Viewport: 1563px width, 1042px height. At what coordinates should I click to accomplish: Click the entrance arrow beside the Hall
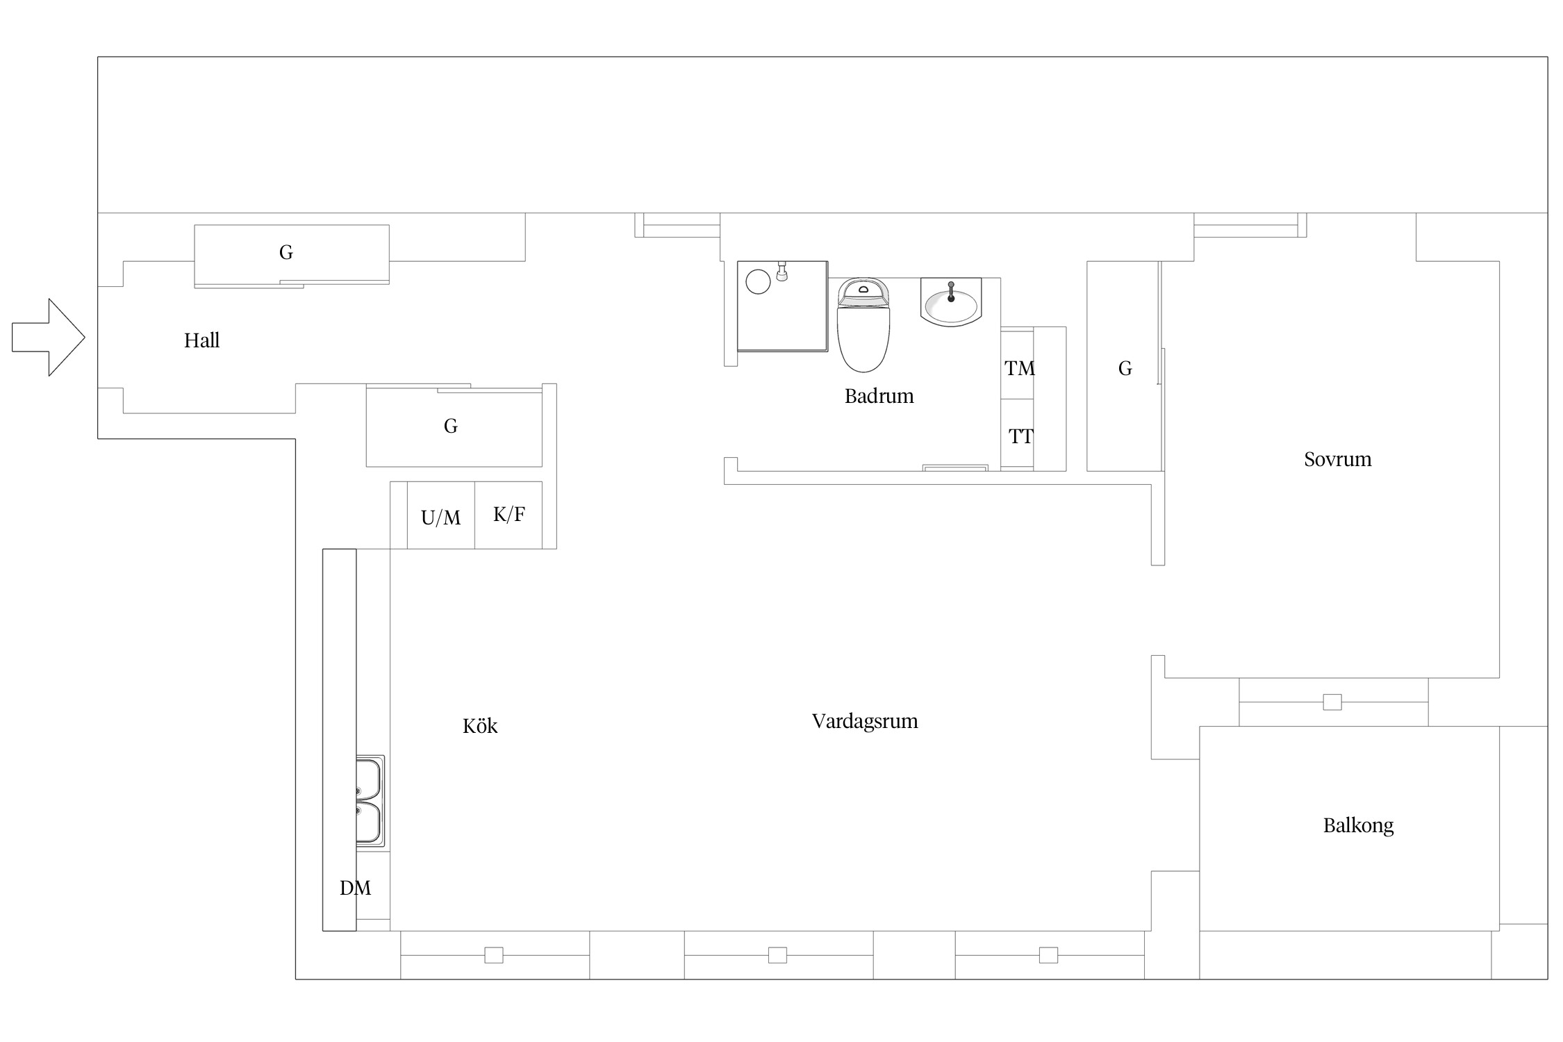pyautogui.click(x=49, y=338)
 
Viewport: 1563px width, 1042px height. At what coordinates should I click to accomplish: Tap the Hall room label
pyautogui.click(x=201, y=340)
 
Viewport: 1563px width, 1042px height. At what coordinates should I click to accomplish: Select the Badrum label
pyautogui.click(x=879, y=396)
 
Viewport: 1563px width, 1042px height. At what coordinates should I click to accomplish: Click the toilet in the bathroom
pyautogui.click(x=863, y=325)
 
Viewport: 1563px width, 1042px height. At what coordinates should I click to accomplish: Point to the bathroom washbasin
pyautogui.click(x=950, y=302)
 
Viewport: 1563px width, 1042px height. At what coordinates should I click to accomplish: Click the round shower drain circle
pyautogui.click(x=758, y=282)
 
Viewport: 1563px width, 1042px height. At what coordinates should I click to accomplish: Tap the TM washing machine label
pyautogui.click(x=1019, y=368)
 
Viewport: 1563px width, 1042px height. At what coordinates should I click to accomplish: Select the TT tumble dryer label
pyautogui.click(x=1020, y=436)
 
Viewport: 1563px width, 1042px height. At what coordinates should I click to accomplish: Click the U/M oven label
pyautogui.click(x=440, y=518)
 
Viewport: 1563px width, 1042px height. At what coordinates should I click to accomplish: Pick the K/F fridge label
pyautogui.click(x=508, y=514)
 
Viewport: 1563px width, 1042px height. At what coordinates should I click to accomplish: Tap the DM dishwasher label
pyautogui.click(x=355, y=888)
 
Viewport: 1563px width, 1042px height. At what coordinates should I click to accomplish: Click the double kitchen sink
pyautogui.click(x=370, y=801)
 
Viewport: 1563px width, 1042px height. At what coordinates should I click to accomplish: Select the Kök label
pyautogui.click(x=480, y=726)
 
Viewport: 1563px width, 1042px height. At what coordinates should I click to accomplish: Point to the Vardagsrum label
pyautogui.click(x=865, y=721)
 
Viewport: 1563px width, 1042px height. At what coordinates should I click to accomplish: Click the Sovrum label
pyautogui.click(x=1337, y=459)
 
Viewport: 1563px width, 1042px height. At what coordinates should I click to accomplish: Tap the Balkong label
pyautogui.click(x=1358, y=825)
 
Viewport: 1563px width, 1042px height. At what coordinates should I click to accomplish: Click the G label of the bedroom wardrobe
pyautogui.click(x=1125, y=368)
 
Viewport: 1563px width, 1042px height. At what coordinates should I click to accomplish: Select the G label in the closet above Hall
pyautogui.click(x=286, y=252)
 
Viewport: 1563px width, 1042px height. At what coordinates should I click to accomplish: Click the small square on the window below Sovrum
pyautogui.click(x=1332, y=702)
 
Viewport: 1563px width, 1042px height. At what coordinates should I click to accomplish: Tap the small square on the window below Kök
pyautogui.click(x=493, y=955)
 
